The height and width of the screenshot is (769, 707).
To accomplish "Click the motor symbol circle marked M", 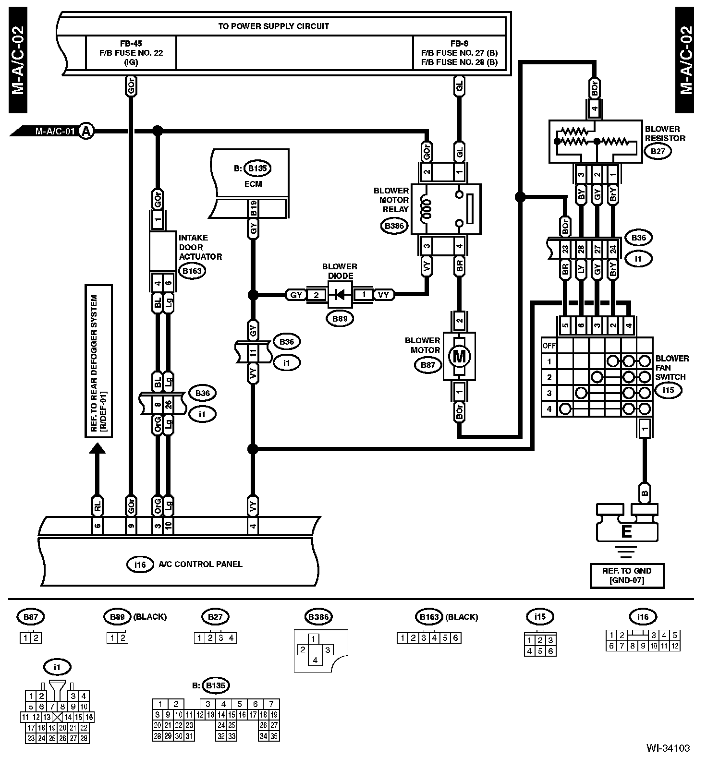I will (x=459, y=356).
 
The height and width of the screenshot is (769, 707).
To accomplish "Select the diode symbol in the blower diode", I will (x=340, y=295).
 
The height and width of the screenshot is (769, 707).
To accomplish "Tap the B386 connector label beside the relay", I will (x=394, y=226).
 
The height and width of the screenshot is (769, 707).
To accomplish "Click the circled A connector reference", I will (x=86, y=131).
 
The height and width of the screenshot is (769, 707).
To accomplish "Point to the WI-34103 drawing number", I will (x=668, y=748).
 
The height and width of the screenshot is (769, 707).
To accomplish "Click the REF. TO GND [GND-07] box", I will (x=627, y=576).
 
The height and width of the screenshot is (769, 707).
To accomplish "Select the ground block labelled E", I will (x=626, y=531).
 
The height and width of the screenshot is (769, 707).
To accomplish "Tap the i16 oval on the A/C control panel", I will (x=139, y=565).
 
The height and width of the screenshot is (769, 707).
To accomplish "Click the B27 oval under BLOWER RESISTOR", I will (x=658, y=152).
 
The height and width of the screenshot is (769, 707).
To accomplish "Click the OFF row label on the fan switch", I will (x=549, y=345).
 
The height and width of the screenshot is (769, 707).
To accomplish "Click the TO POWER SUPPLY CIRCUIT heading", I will (x=274, y=26).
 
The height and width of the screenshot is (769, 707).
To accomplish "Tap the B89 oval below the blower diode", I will (x=340, y=318).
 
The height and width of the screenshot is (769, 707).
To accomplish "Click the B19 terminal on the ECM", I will (x=253, y=209).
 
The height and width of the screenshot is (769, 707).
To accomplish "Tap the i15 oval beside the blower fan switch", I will (x=668, y=390).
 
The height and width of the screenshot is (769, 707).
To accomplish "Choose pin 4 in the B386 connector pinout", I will (x=315, y=660).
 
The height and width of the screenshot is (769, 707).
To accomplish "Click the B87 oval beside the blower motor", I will (x=427, y=365).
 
